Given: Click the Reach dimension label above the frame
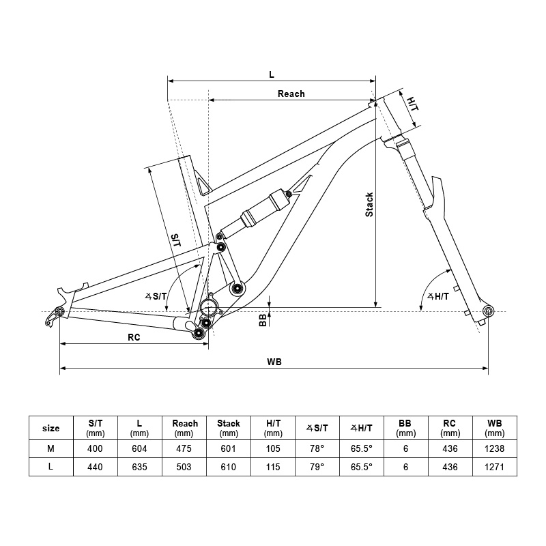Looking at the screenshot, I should [291, 94].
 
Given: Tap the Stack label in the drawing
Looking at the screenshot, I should [369, 205].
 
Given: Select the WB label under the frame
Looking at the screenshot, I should [275, 362].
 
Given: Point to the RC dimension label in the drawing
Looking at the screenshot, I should [134, 336].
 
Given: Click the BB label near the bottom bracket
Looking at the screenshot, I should [263, 320].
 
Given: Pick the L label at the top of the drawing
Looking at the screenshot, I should [272, 73].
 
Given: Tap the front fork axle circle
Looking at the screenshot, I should [487, 311].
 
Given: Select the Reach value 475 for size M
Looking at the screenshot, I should [184, 448].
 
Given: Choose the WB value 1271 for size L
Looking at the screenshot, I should [495, 468].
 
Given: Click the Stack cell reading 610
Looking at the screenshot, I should [229, 468].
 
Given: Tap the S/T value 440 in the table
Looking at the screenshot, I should [96, 468].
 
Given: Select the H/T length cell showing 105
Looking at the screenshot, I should [273, 448].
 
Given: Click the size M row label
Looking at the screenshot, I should [51, 448].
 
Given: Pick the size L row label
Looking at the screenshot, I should [51, 468].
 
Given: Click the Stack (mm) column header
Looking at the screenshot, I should [229, 428].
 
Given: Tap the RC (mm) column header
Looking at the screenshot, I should [450, 428].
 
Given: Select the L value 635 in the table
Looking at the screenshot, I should [140, 468].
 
